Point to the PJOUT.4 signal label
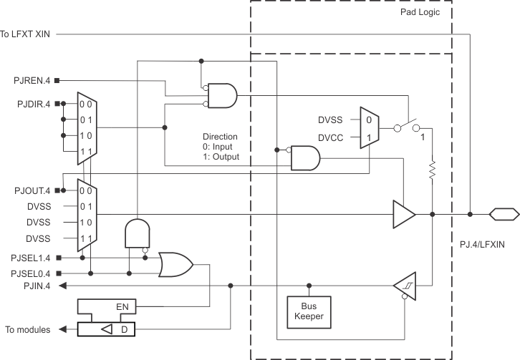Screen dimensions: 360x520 click(32, 190)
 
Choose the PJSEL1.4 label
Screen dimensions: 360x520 click(29, 257)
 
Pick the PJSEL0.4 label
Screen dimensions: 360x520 click(29, 273)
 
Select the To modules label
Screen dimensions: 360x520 click(28, 329)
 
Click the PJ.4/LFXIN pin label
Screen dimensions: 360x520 click(483, 244)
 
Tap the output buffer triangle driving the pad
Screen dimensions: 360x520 click(403, 214)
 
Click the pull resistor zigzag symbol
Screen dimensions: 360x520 click(432, 170)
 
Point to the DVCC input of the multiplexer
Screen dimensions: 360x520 click(332, 137)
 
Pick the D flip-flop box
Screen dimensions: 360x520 click(107, 329)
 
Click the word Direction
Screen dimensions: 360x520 click(220, 136)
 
